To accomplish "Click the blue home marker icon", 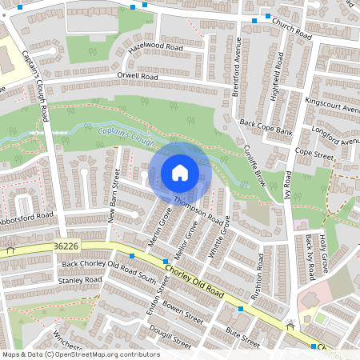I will pyautogui.click(x=180, y=173).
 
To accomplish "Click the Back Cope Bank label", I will pyautogui.click(x=267, y=126).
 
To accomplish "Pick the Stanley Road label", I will pyautogui.click(x=79, y=281).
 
